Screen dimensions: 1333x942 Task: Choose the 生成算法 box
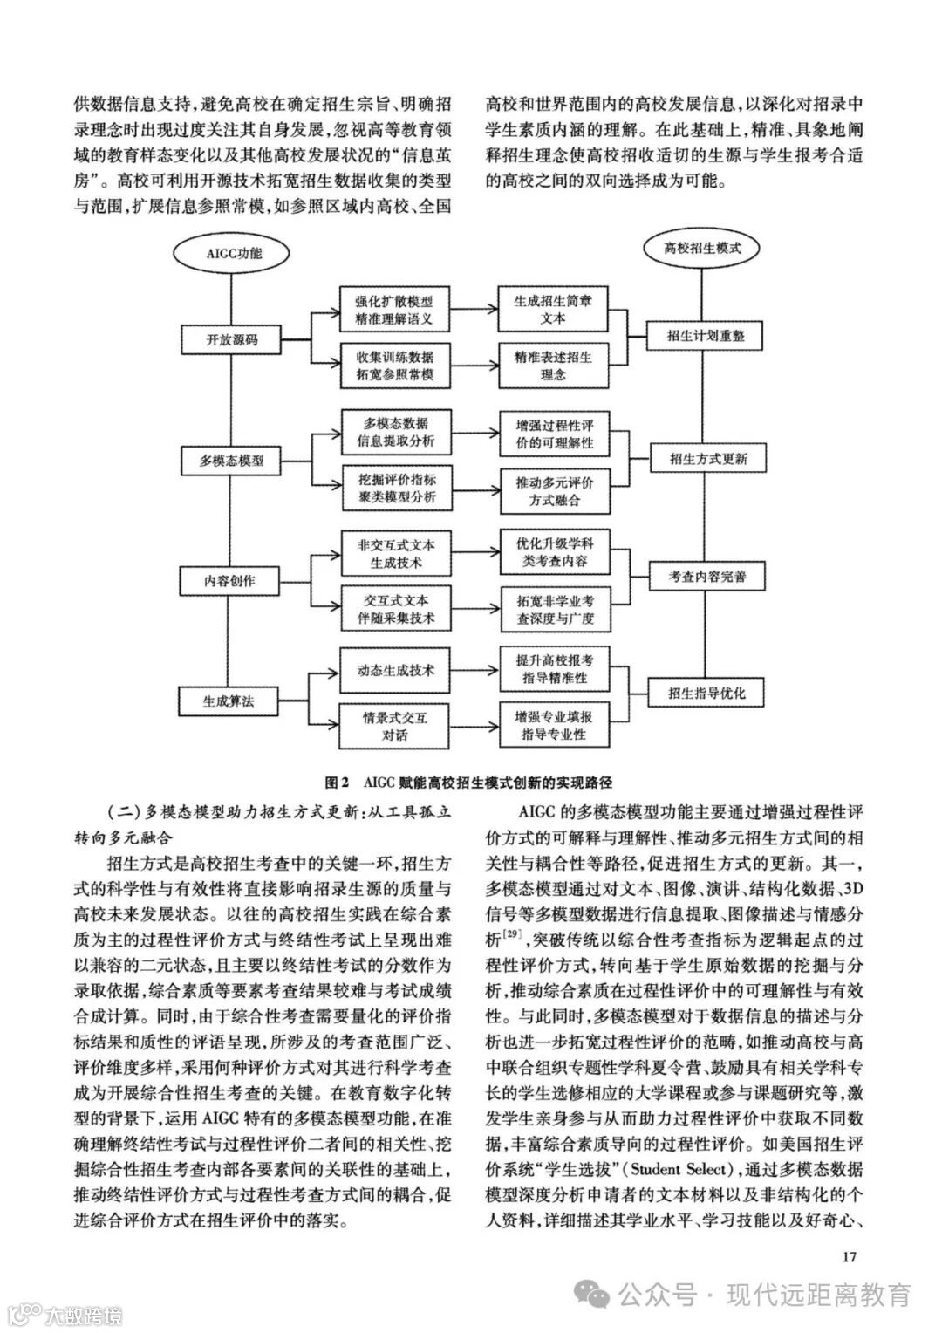coord(228,700)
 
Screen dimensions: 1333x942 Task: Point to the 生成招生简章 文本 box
coord(553,310)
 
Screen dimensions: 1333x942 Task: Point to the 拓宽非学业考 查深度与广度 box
coord(553,609)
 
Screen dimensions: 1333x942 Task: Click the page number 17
coord(850,1257)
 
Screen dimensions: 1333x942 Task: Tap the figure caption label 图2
coord(336,782)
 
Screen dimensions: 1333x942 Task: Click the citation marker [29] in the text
coord(512,936)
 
